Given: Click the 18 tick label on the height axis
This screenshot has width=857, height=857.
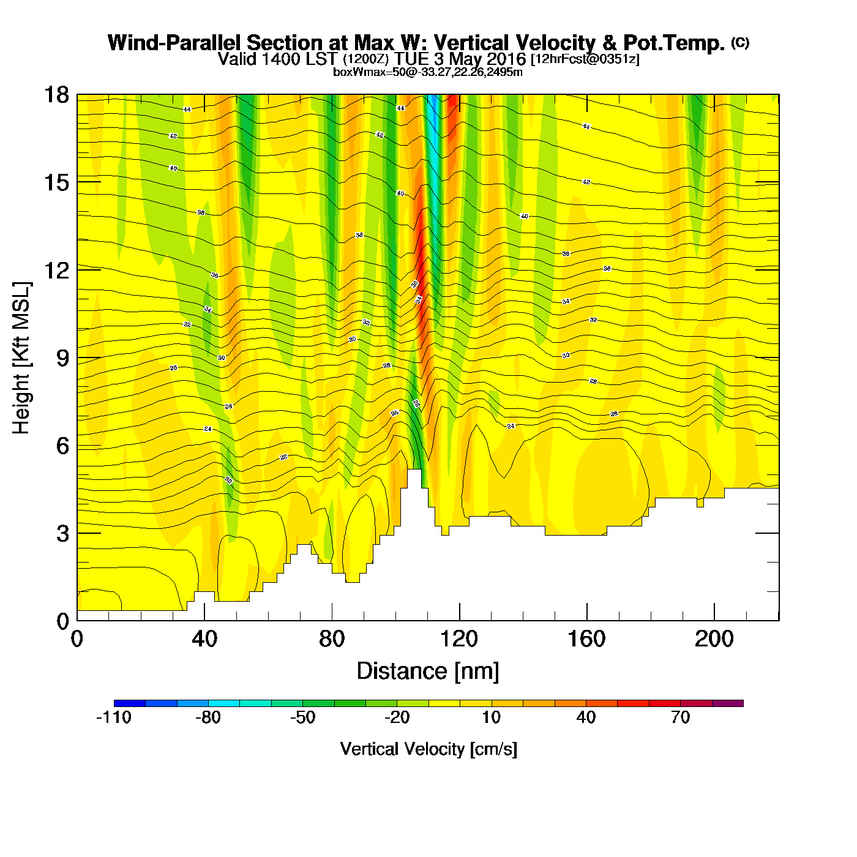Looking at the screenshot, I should click(56, 95).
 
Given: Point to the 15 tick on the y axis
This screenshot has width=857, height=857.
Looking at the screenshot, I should click(56, 182).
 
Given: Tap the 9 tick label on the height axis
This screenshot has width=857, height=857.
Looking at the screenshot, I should click(63, 358).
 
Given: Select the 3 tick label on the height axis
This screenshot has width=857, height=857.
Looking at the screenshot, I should click(63, 534).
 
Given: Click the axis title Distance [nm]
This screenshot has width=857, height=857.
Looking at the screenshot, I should click(428, 672).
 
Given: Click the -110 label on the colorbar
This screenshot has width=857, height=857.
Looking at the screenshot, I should click(114, 717).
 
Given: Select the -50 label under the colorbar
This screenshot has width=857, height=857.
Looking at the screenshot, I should click(302, 717).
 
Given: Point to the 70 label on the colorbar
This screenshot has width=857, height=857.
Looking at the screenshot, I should click(680, 717).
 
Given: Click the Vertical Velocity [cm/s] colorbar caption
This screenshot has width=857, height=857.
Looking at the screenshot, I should click(428, 749).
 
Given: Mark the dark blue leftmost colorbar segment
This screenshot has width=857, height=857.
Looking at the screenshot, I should click(130, 703).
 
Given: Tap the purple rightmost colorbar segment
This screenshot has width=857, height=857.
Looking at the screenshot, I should click(728, 703).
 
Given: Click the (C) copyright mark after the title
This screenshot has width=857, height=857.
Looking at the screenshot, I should click(740, 42).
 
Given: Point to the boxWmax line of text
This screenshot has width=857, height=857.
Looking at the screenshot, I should click(428, 72).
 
